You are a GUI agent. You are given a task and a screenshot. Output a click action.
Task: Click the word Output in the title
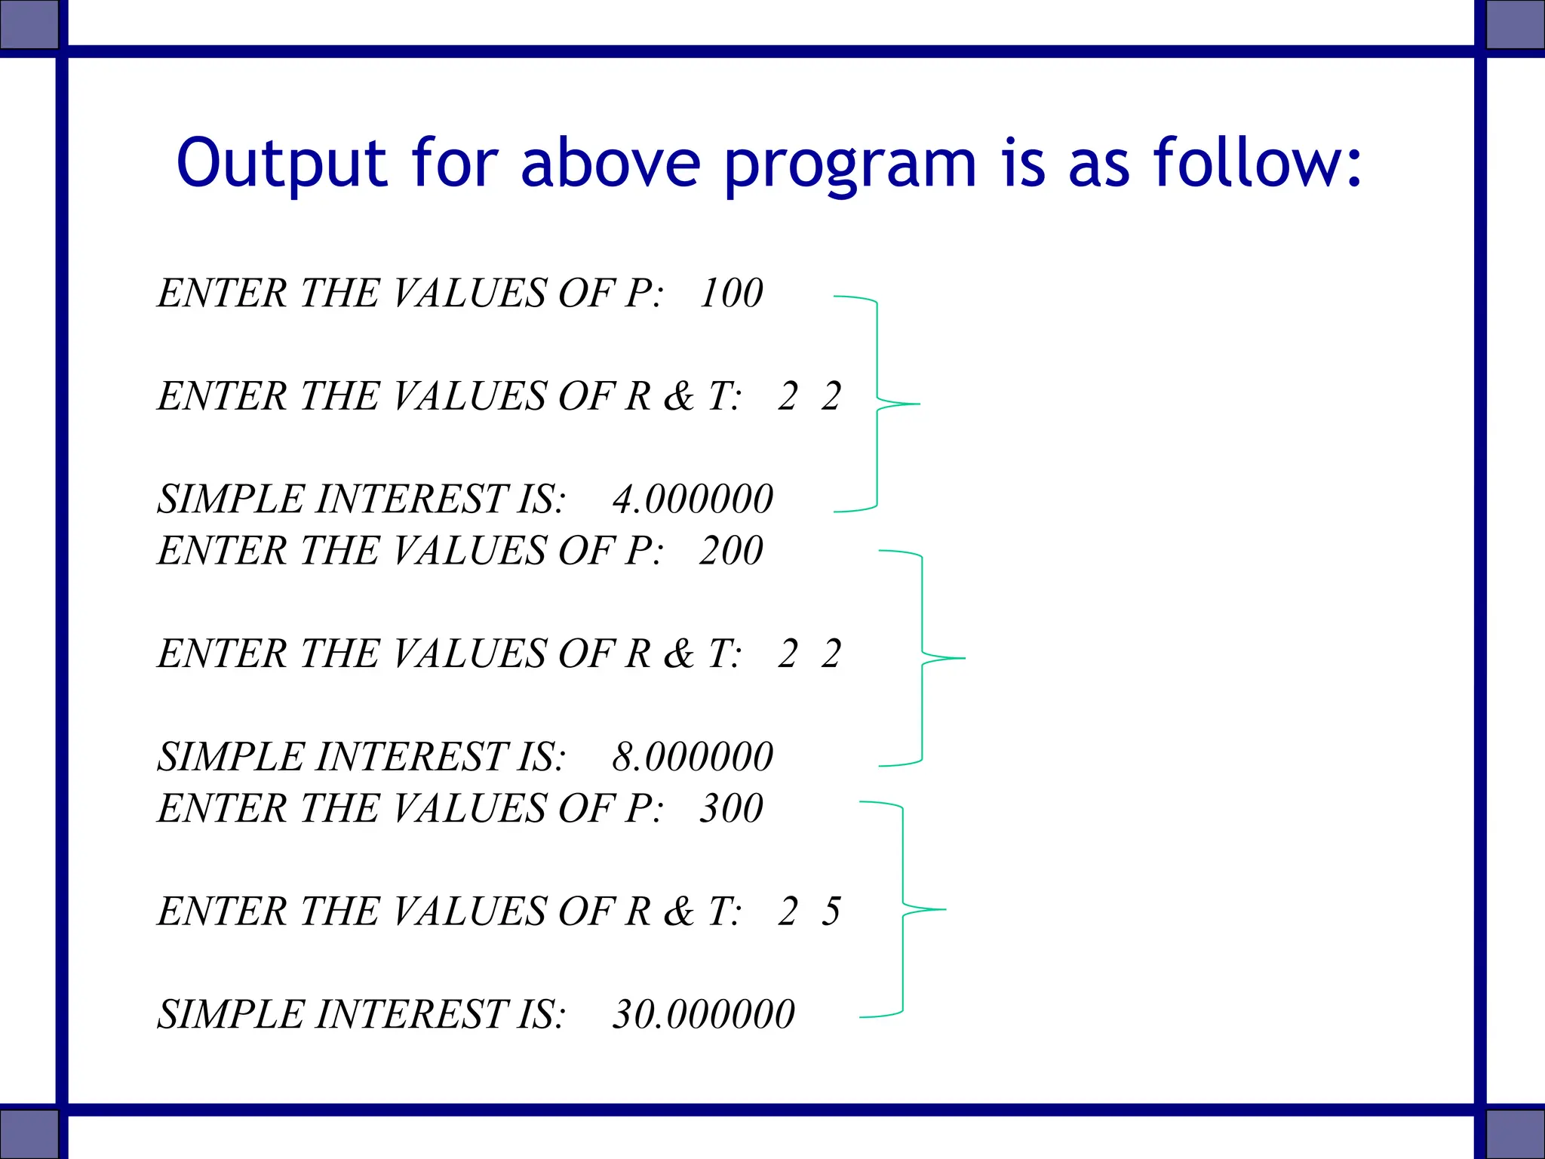(281, 163)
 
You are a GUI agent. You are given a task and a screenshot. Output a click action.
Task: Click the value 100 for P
(730, 293)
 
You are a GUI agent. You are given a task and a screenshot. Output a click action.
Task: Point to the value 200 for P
(730, 550)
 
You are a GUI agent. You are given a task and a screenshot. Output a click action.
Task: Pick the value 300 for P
(730, 808)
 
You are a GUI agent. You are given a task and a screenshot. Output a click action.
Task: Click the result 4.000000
(693, 499)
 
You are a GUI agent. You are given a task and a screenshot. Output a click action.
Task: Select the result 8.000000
(693, 757)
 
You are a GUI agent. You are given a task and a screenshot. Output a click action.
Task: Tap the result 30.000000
(703, 1014)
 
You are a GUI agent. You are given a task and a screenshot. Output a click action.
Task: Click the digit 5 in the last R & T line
(831, 912)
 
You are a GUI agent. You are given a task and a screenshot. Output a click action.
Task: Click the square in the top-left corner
(29, 23)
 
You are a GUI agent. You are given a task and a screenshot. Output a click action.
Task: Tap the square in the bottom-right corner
(1515, 1134)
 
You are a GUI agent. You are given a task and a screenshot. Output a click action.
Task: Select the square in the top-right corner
(1515, 23)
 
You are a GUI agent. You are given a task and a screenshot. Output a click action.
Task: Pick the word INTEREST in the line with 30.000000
(413, 1014)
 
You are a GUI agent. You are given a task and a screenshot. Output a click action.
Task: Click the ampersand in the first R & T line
(678, 396)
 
